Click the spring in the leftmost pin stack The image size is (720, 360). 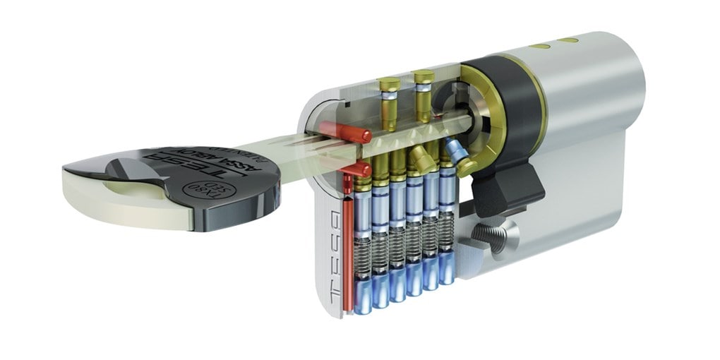coord(363,256)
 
